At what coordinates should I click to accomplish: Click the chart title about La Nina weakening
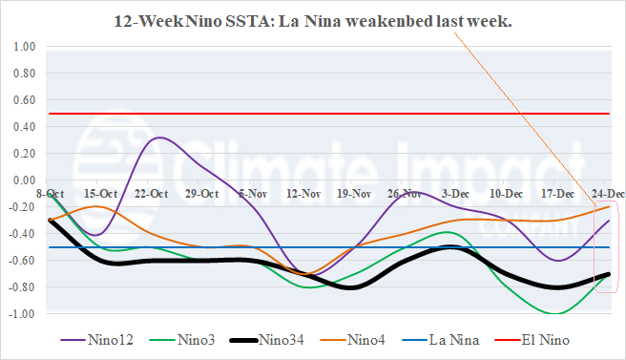pyautogui.click(x=313, y=20)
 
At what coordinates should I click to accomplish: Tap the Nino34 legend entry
pyautogui.click(x=294, y=338)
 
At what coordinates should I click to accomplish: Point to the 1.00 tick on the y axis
pyautogui.click(x=24, y=47)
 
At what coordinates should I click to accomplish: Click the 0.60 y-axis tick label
pyautogui.click(x=24, y=100)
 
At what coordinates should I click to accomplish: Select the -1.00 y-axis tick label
pyautogui.click(x=22, y=314)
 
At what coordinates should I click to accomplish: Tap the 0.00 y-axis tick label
pyautogui.click(x=24, y=180)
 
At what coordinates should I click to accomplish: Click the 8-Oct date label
pyautogui.click(x=51, y=194)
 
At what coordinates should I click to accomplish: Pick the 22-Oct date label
pyautogui.click(x=151, y=194)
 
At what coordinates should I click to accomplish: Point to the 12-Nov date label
pyautogui.click(x=303, y=194)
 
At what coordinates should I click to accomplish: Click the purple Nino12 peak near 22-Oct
pyautogui.click(x=160, y=138)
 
